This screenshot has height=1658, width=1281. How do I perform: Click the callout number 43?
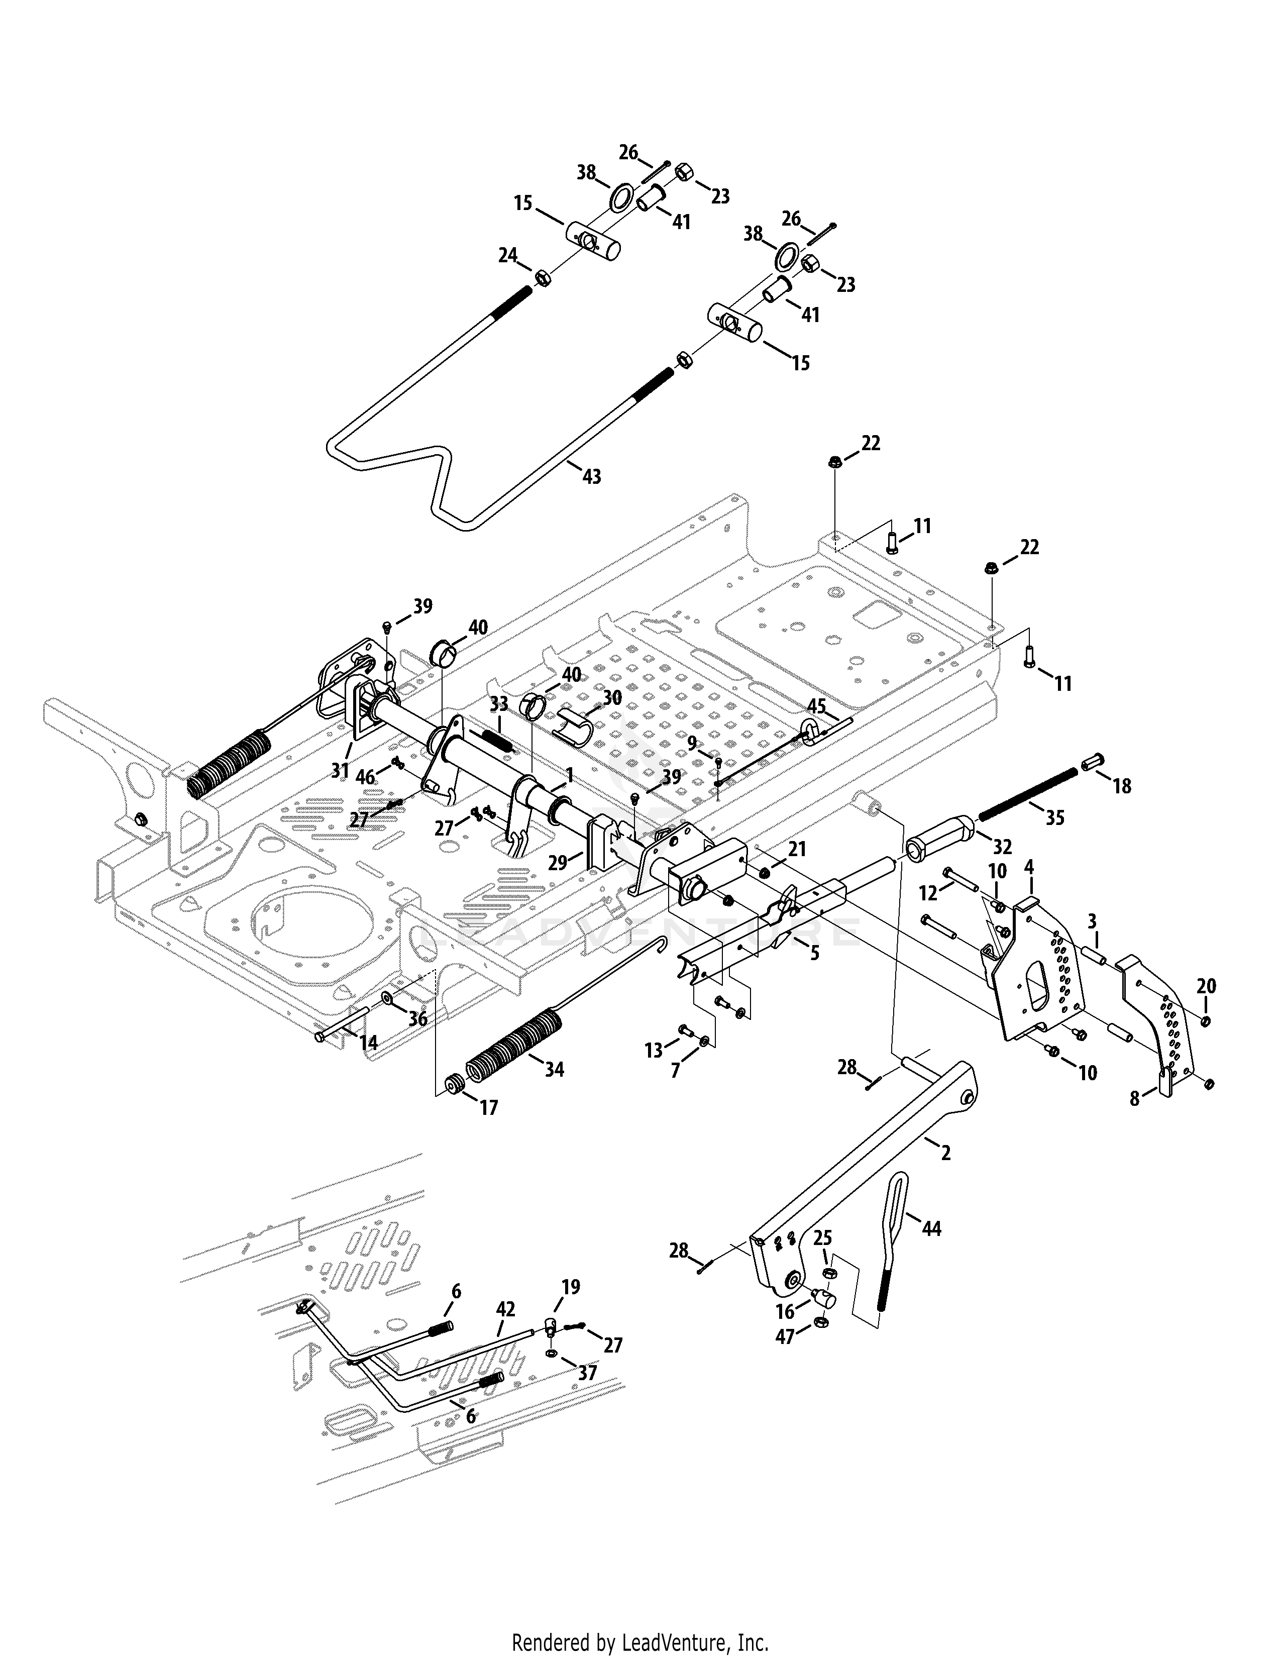pyautogui.click(x=591, y=477)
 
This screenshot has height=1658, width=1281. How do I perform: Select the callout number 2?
pyautogui.click(x=945, y=1153)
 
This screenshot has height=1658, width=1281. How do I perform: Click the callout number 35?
pyautogui.click(x=1055, y=817)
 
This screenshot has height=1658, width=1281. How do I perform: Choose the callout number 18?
pyautogui.click(x=1122, y=786)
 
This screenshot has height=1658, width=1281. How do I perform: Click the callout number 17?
pyautogui.click(x=489, y=1108)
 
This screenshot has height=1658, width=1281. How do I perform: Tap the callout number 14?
pyautogui.click(x=368, y=1043)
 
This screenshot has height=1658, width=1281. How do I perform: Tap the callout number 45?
pyautogui.click(x=816, y=706)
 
